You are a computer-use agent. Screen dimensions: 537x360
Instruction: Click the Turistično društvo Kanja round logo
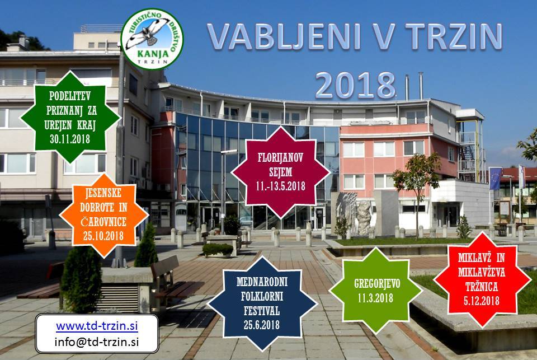[x=152, y=39]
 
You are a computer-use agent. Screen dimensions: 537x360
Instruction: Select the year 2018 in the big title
[x=355, y=85]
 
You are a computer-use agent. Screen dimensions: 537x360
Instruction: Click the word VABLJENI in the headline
[x=284, y=36]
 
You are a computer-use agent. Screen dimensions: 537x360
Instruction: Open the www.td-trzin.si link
[x=97, y=325]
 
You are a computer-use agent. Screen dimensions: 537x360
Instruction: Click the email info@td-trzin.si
[x=97, y=342]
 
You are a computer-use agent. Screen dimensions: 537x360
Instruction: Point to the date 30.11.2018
[x=70, y=139]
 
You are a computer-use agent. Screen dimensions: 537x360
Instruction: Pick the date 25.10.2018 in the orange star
[x=103, y=236]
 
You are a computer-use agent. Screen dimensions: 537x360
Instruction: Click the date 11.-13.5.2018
[x=280, y=186]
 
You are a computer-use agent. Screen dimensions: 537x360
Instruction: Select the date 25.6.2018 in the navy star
[x=262, y=325]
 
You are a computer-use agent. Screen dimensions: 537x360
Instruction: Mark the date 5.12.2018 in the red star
[x=482, y=301]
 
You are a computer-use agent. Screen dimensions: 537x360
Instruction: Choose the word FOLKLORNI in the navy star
[x=262, y=296]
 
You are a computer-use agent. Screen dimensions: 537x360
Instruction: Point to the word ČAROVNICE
[x=103, y=222]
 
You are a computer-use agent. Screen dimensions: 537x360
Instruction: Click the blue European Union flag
[x=496, y=178]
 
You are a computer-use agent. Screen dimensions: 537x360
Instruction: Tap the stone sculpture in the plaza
[x=354, y=214]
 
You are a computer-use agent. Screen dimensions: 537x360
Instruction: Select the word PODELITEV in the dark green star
[x=70, y=96]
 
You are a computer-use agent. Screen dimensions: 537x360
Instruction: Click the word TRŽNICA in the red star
[x=482, y=286]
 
